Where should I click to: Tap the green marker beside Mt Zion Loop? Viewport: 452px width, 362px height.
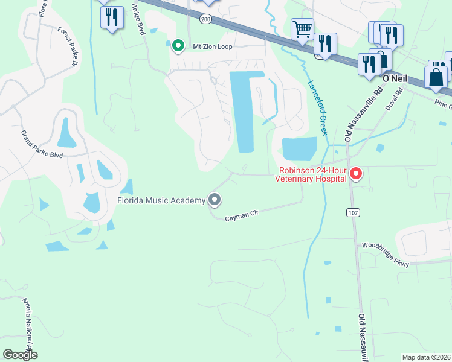178,45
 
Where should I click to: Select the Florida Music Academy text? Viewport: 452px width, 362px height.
161,200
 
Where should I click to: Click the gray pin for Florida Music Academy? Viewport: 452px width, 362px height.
214,199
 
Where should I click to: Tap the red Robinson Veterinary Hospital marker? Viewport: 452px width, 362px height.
356,175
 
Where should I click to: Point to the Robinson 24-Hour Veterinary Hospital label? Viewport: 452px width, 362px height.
311,174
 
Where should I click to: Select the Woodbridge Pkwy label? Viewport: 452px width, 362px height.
386,255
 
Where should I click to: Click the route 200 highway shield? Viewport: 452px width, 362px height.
206,20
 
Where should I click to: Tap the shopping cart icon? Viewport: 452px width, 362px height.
302,28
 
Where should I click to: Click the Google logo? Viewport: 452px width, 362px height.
20,355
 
